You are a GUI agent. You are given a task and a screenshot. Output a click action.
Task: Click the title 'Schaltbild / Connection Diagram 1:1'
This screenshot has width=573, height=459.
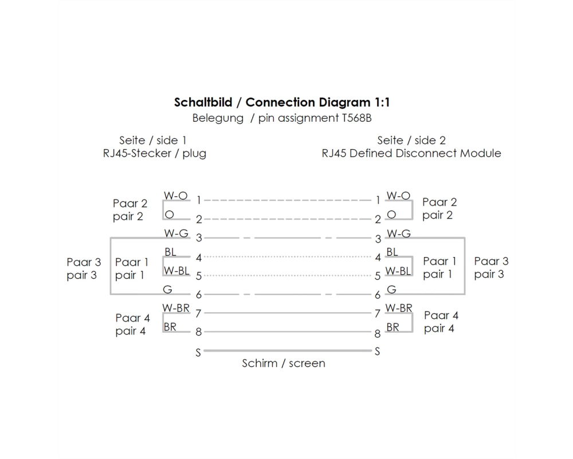pos(282,103)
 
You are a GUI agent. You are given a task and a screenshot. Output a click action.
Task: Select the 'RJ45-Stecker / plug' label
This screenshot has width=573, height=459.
pos(155,153)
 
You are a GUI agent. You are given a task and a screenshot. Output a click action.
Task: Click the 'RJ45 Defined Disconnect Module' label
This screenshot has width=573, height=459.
pos(411,153)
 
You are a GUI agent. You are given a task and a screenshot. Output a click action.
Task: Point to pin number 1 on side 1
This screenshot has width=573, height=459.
pos(198,200)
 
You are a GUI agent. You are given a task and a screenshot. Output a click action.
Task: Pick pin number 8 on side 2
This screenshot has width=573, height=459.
pos(378,333)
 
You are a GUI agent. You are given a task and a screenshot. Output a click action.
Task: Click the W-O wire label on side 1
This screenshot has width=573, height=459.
pos(176,196)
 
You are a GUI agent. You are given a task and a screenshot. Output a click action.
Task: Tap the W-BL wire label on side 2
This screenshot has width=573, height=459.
pos(398,271)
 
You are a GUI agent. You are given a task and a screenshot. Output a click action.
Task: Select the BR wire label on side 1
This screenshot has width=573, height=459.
pos(170,326)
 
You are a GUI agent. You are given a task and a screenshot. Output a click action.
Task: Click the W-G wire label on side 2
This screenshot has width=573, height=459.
pos(399,233)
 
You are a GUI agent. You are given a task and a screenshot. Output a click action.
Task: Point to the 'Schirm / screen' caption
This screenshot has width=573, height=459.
pos(284,363)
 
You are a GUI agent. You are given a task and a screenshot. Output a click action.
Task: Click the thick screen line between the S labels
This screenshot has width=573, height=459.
pos(288,351)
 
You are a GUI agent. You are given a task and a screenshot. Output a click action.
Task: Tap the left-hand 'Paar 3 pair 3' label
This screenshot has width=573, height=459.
pos(84,269)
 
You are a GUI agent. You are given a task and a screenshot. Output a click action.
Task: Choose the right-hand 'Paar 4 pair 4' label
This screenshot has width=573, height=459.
pos(441,322)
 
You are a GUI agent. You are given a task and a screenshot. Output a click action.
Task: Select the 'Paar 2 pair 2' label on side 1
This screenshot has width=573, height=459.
pos(130,210)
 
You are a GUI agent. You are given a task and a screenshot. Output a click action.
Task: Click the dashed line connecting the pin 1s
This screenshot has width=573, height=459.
pos(288,200)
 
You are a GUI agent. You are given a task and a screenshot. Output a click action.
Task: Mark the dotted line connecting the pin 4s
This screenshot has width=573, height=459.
pos(288,256)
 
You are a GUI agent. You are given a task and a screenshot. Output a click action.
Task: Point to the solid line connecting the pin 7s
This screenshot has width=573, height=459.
pos(288,313)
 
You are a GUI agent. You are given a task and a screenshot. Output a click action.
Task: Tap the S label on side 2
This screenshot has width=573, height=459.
pos(378,351)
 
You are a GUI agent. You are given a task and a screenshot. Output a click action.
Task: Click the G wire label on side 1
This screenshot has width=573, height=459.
pos(167,290)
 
